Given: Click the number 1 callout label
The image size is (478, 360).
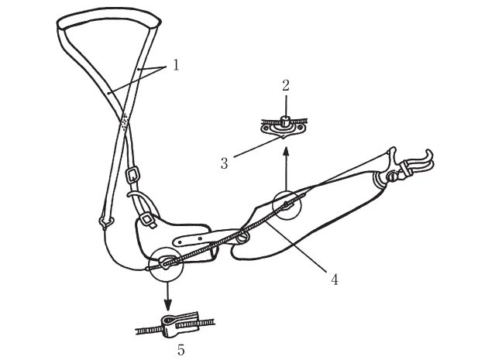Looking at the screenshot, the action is [176, 65].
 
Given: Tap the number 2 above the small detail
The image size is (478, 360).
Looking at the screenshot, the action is [285, 86].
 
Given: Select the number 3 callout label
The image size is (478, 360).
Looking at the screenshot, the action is [225, 163].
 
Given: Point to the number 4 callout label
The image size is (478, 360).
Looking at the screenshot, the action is [335, 279].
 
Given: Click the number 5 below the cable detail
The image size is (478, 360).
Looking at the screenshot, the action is [181, 350].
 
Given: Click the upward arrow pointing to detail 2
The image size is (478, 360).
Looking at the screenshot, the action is [286, 169].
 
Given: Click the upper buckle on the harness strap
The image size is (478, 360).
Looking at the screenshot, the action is [133, 174].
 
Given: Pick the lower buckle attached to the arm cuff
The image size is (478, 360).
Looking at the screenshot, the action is [148, 220].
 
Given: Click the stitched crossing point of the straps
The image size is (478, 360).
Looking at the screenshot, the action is [125, 121].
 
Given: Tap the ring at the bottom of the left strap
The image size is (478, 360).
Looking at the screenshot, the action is [106, 222].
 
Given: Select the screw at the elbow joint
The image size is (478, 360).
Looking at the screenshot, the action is [242, 237].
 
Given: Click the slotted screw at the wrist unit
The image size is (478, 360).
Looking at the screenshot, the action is [392, 175].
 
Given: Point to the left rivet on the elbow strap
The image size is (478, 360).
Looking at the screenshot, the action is [180, 243].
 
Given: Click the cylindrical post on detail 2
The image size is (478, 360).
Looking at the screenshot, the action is [285, 121].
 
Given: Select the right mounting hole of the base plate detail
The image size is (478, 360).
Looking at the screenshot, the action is [301, 127].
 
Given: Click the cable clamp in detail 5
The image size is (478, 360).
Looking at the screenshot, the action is [180, 324].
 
